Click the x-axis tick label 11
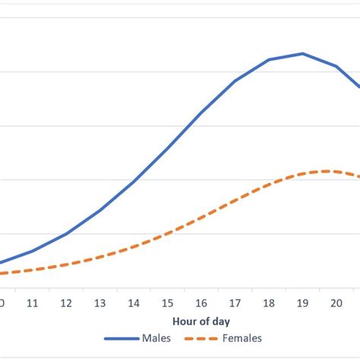click(33, 302)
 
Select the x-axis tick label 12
click(67, 302)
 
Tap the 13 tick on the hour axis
click(100, 302)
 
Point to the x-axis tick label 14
click(134, 302)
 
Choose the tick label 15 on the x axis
click(168, 302)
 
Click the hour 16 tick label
click(201, 302)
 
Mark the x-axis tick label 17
click(235, 302)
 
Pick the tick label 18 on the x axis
click(269, 302)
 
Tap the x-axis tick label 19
click(302, 302)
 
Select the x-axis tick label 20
click(336, 302)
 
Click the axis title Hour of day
click(201, 322)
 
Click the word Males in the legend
click(156, 339)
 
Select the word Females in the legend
click(242, 339)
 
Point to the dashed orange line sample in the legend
click(203, 339)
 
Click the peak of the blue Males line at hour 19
click(302, 53)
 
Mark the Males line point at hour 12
click(67, 233)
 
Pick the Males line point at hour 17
click(235, 81)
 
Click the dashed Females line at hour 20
click(336, 172)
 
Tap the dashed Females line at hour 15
click(168, 233)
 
